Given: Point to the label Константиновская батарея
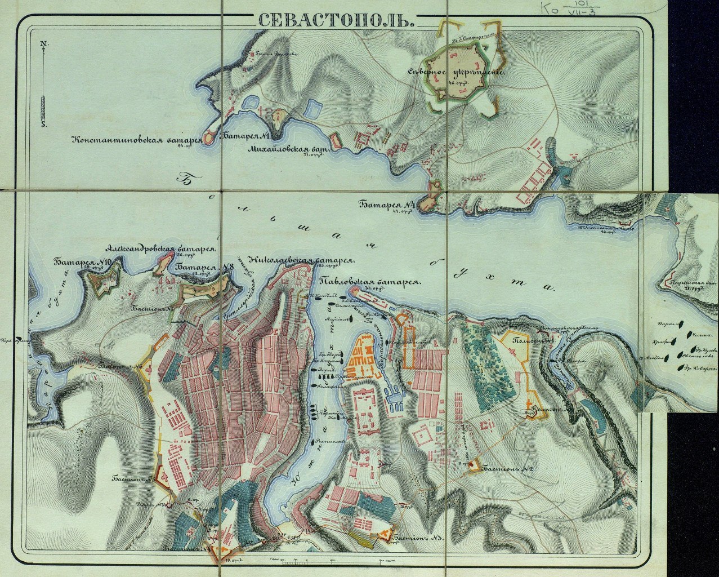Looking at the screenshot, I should [136, 140].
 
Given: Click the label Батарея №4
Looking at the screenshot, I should [386, 205].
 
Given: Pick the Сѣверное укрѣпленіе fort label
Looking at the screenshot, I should [457, 73].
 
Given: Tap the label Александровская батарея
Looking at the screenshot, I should [161, 248].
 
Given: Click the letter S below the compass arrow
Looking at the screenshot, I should [43, 124].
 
